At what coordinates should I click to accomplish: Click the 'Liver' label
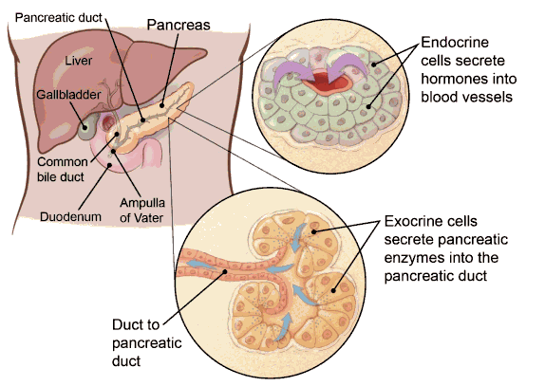point(79,61)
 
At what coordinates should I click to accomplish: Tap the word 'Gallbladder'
point(68,95)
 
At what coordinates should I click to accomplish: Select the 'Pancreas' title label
point(179,25)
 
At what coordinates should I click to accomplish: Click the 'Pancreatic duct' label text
point(59,17)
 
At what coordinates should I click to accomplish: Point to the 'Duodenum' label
point(70,216)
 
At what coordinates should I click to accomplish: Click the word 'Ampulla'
point(142,203)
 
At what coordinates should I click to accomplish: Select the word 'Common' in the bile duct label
point(63,162)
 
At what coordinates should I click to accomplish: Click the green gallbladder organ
point(87,128)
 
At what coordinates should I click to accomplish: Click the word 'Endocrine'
point(455,43)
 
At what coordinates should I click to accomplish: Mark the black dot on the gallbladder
point(85,128)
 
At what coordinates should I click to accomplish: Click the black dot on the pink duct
point(225,271)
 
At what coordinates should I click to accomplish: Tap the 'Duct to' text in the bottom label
point(136,325)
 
